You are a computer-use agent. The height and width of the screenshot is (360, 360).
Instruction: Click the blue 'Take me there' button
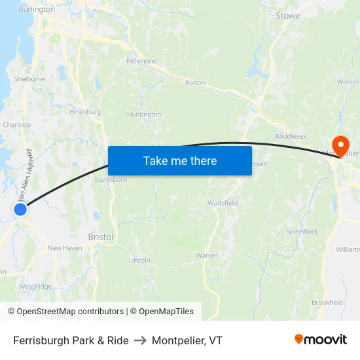pyautogui.click(x=180, y=160)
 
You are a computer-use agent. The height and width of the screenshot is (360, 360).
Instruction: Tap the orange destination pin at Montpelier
pyautogui.click(x=340, y=145)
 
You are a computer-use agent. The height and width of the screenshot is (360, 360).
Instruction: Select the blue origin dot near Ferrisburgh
pyautogui.click(x=20, y=209)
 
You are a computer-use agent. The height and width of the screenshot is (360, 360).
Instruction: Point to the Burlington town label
pyautogui.click(x=37, y=10)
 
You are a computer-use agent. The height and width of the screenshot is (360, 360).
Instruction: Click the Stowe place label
pyautogui.click(x=288, y=16)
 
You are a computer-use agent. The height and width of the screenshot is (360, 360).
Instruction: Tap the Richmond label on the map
pyautogui.click(x=141, y=62)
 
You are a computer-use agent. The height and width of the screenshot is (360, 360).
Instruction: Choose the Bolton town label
pyautogui.click(x=195, y=83)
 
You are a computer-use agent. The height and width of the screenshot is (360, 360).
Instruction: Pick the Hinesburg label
pyautogui.click(x=85, y=112)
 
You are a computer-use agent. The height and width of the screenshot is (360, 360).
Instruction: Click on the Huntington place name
pyautogui.click(x=144, y=115)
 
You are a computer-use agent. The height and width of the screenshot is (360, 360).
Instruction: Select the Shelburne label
pyautogui.click(x=29, y=79)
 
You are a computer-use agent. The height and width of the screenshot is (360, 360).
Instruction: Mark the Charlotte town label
pyautogui.click(x=17, y=124)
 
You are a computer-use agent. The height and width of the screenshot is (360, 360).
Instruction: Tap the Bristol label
pyautogui.click(x=101, y=237)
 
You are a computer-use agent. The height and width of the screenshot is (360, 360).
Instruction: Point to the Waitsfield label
pyautogui.click(x=223, y=203)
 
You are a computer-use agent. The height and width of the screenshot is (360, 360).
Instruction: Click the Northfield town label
pyautogui.click(x=302, y=232)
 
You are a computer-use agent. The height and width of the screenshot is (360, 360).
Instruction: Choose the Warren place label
pyautogui.click(x=207, y=255)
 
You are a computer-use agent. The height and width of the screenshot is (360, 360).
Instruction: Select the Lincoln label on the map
pyautogui.click(x=139, y=260)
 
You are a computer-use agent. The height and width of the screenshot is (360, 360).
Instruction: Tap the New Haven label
pyautogui.click(x=65, y=248)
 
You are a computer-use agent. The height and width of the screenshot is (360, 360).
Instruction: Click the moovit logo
pyautogui.click(x=320, y=340)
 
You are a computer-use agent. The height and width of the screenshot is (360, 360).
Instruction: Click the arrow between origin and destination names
pyautogui.click(x=140, y=340)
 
